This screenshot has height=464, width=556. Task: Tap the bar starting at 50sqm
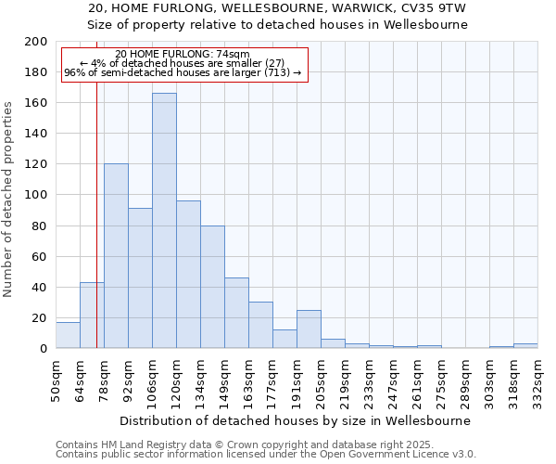[x=68, y=335]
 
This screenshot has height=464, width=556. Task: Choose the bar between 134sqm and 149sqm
[x=212, y=287]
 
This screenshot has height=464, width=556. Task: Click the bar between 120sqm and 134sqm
[x=188, y=275]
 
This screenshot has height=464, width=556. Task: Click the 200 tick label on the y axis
[x=36, y=42]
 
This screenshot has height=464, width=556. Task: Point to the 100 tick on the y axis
[x=36, y=195]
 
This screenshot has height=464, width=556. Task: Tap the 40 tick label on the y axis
[x=40, y=287]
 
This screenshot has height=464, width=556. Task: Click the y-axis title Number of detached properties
[x=8, y=213]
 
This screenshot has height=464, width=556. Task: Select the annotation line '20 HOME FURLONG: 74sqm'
[x=183, y=55]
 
